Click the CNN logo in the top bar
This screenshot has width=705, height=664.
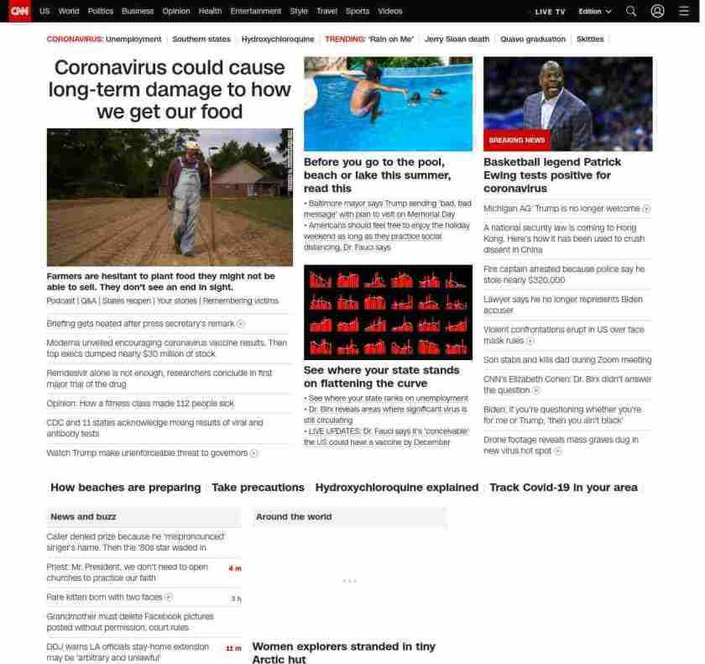pyautogui.click(x=19, y=11)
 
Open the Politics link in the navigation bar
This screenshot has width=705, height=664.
pyautogui.click(x=101, y=12)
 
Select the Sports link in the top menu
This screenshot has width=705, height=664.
pyautogui.click(x=358, y=12)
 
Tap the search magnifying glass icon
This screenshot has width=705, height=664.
pyautogui.click(x=631, y=12)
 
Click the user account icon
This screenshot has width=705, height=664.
pyautogui.click(x=658, y=12)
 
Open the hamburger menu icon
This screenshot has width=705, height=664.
pyautogui.click(x=683, y=12)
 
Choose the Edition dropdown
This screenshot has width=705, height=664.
pyautogui.click(x=595, y=12)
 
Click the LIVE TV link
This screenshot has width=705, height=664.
pyautogui.click(x=550, y=12)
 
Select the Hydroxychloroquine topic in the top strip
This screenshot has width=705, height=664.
pyautogui.click(x=278, y=39)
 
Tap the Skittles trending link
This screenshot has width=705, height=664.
pyautogui.click(x=590, y=39)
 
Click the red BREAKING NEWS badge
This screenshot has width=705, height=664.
pyautogui.click(x=517, y=140)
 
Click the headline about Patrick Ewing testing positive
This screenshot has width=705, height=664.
pyautogui.click(x=552, y=175)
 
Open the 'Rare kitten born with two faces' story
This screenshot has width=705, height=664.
pyautogui.click(x=105, y=598)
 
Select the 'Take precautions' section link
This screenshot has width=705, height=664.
pyautogui.click(x=258, y=488)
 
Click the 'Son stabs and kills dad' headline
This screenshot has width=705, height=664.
pyautogui.click(x=567, y=360)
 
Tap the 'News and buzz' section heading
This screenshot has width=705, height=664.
pyautogui.click(x=83, y=517)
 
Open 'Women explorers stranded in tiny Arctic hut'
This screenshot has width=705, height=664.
pyautogui.click(x=343, y=652)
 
